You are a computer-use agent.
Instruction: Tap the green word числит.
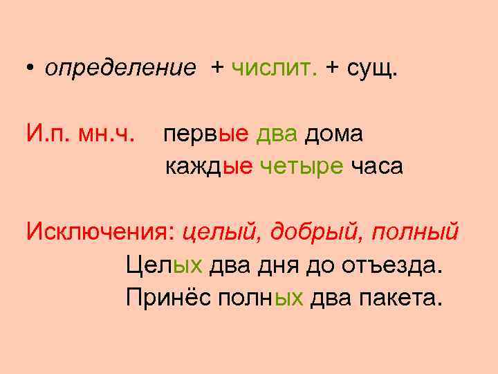pos(274,67)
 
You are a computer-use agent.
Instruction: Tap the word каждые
pos(209,167)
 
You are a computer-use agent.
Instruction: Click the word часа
pos(376,167)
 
